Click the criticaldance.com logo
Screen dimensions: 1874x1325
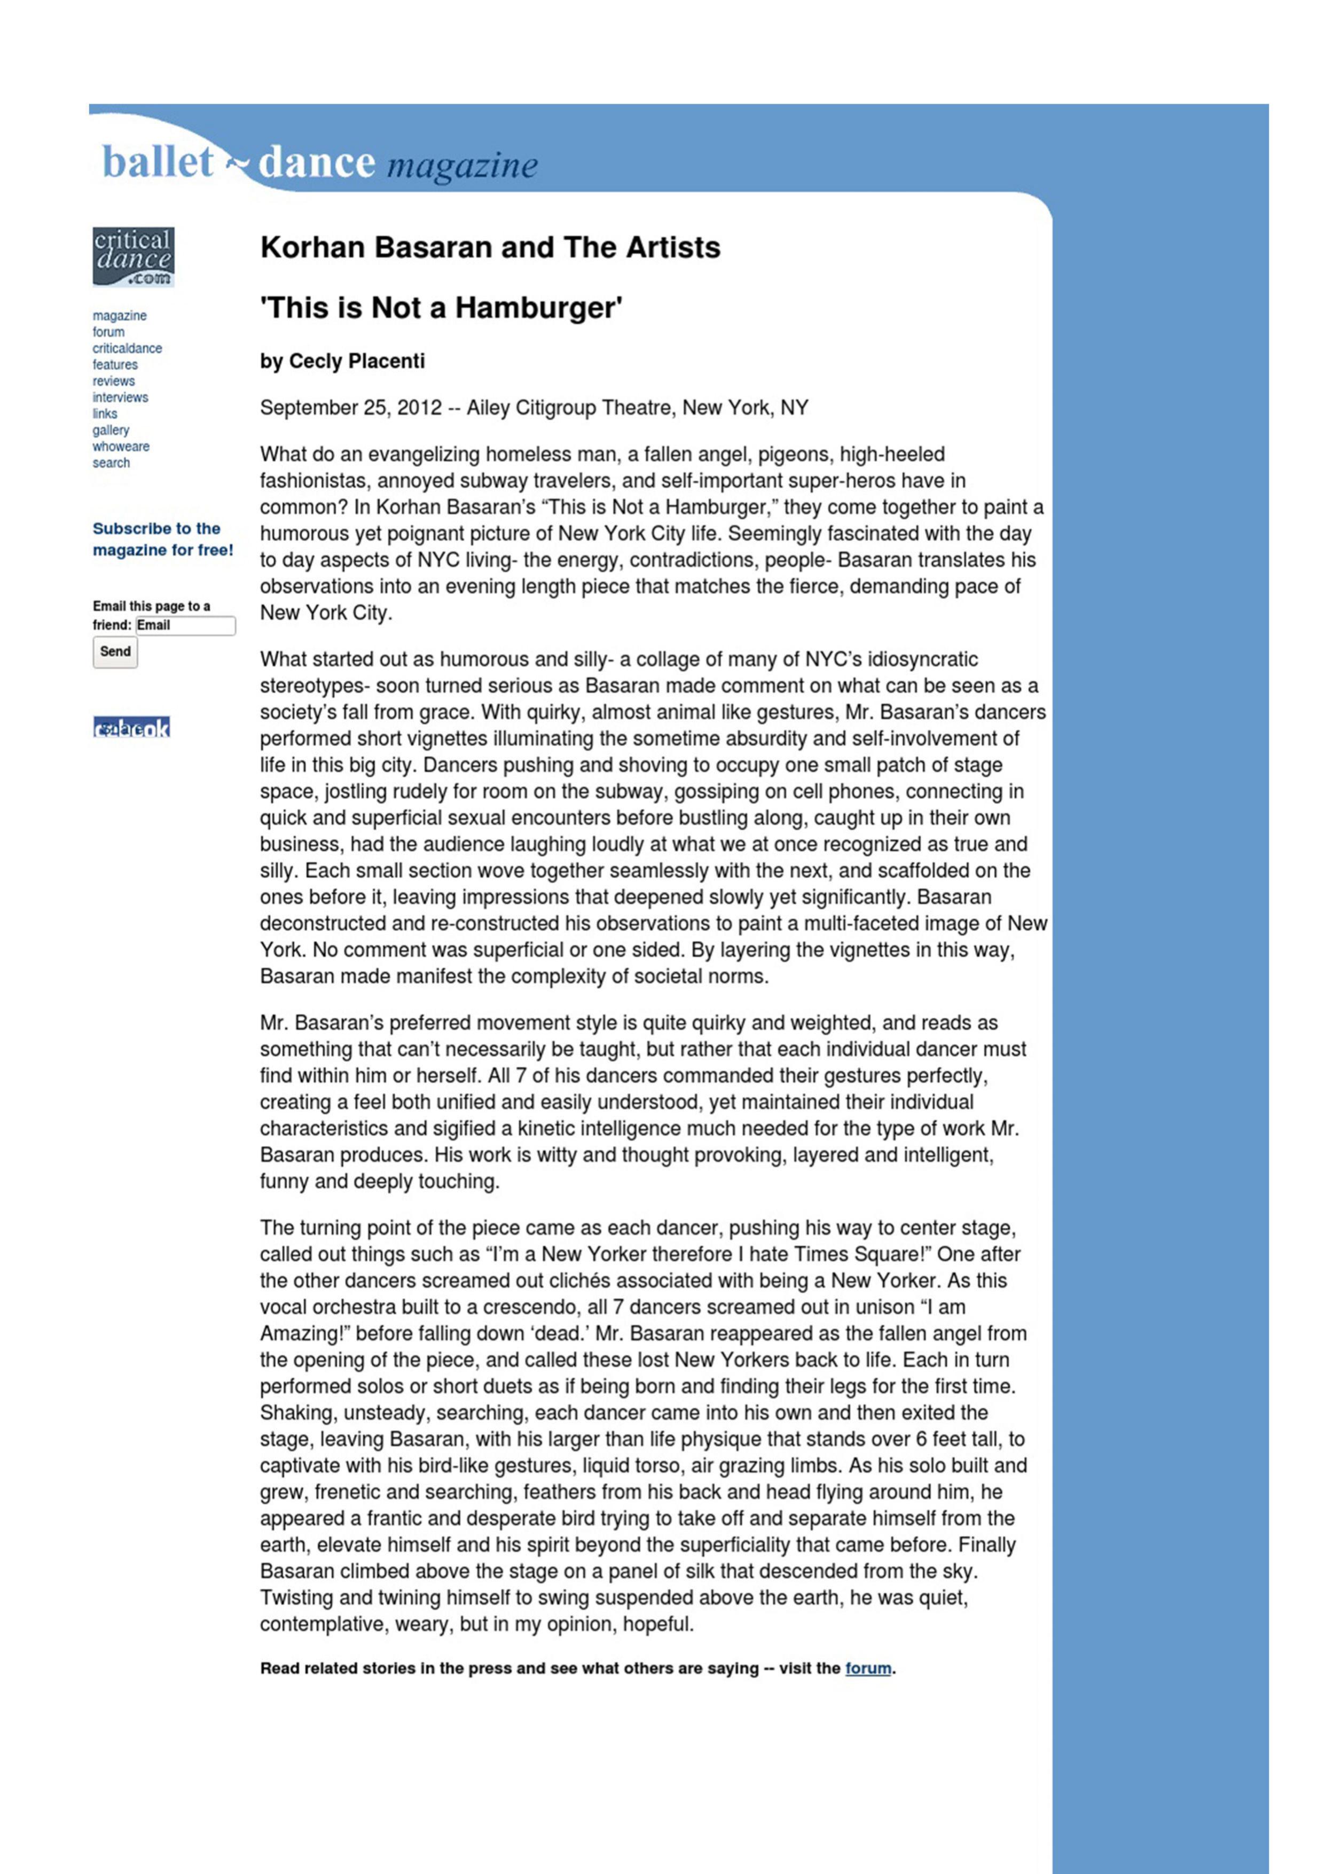(133, 256)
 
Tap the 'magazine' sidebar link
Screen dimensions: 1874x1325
(119, 316)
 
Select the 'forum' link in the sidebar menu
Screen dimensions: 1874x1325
(108, 332)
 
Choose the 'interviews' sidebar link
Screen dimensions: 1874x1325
(120, 397)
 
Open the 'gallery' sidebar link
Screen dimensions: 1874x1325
(111, 430)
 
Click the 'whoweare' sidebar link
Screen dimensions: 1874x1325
(121, 447)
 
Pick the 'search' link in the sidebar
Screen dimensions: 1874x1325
(111, 463)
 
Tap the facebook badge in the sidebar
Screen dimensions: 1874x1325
(131, 727)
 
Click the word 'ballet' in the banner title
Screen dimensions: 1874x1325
(158, 162)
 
